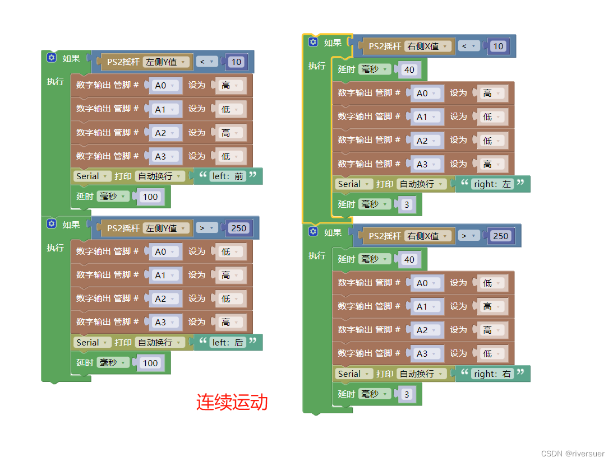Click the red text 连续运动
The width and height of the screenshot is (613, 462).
232,402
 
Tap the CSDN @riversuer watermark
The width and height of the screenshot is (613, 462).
573,453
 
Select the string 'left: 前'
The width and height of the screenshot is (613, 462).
228,176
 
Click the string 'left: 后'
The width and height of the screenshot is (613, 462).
228,342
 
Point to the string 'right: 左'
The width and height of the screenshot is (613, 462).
492,184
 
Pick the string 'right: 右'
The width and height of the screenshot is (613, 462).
492,374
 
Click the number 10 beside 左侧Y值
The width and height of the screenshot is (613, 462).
236,62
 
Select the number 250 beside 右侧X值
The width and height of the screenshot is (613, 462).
500,236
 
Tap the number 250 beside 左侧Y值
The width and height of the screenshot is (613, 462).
238,228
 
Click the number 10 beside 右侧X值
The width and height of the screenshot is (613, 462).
498,46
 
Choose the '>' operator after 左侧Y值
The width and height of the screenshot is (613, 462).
205,228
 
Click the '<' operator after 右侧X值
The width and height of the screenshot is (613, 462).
467,46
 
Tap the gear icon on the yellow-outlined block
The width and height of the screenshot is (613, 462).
313,42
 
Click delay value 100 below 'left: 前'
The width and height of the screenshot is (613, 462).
150,197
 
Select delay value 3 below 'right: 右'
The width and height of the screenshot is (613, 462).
407,394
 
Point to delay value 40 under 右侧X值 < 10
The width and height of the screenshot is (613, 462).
409,70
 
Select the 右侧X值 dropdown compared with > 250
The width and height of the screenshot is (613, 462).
428,236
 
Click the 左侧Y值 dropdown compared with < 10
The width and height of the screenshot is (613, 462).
166,62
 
